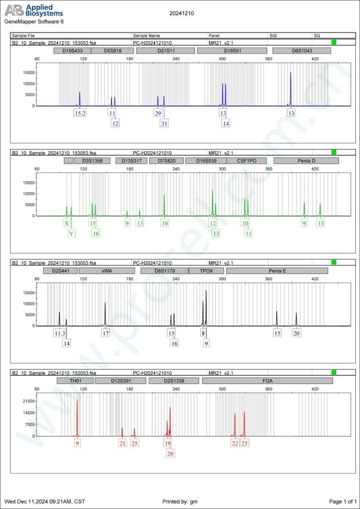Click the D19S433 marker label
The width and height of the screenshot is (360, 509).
(72, 50)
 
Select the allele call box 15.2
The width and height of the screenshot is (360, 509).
(80, 113)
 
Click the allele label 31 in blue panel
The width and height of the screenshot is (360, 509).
(164, 123)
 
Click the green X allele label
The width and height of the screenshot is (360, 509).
(67, 223)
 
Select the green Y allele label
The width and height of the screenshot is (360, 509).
(71, 233)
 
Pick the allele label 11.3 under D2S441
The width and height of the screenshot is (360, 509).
(60, 333)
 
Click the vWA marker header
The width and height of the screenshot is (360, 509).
(106, 271)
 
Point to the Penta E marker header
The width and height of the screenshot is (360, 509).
(278, 271)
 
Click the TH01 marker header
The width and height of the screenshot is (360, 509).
(75, 381)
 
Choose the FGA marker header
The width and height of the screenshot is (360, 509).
(267, 381)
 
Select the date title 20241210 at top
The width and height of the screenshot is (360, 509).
(182, 13)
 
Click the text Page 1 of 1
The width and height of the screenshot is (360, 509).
(342, 501)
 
